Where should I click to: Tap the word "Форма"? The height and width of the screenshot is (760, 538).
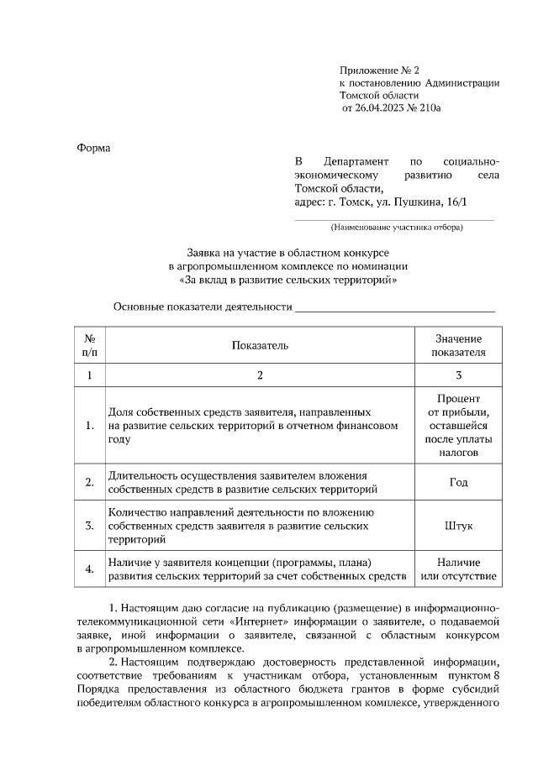pos(93,148)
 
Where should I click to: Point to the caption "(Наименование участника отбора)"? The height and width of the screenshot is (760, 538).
pos(396,226)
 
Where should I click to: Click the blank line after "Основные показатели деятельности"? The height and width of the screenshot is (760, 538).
pos(394,307)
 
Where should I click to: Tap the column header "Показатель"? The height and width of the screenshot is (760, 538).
pos(260,344)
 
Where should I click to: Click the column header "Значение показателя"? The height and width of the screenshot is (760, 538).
pos(459,344)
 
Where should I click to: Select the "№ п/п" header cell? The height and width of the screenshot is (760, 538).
pos(90,344)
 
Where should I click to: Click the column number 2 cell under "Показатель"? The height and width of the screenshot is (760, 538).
pos(260,375)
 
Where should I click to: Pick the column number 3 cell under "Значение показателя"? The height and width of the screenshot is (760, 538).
pos(459,375)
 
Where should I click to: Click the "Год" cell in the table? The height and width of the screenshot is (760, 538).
pos(459,483)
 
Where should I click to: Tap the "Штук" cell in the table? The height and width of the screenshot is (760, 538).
pos(459,526)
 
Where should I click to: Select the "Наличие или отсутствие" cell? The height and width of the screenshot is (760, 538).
pos(459,569)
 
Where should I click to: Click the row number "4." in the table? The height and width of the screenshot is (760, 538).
pos(90,569)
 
